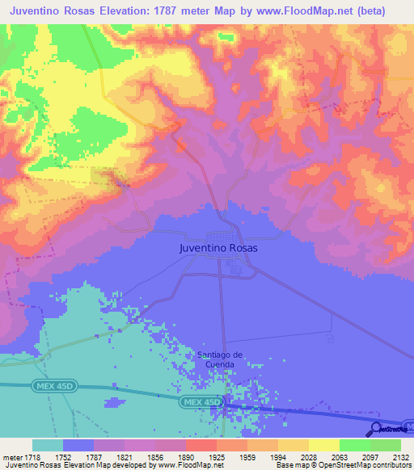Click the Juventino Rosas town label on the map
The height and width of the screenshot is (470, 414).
[x=218, y=249]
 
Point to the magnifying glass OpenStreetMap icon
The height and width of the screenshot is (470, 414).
[x=376, y=430]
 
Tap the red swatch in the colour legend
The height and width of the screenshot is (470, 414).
[x=201, y=445]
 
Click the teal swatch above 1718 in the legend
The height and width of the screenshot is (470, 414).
[x=48, y=445]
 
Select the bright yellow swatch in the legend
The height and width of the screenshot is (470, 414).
[x=323, y=445]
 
